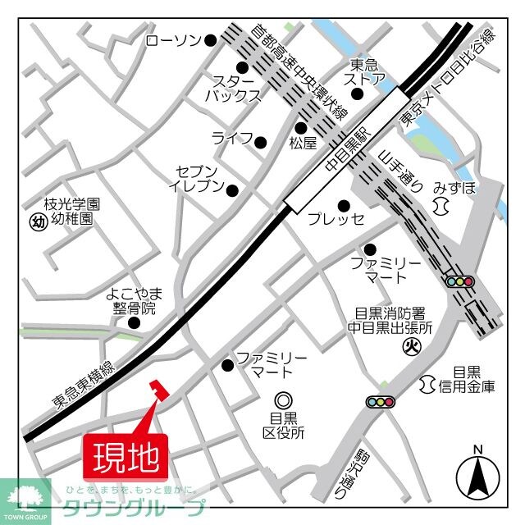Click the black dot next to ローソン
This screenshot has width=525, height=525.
tap(210, 39)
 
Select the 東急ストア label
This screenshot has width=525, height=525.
tap(364, 72)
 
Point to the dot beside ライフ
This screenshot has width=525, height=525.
tap(260, 141)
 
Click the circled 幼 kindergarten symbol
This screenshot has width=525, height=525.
tap(37, 221)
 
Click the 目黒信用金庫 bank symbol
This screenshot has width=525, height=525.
tap(427, 382)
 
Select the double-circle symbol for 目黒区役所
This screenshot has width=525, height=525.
tap(283, 400)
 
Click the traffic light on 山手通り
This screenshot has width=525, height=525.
tap(460, 281)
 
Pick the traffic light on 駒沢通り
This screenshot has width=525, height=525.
tap(380, 402)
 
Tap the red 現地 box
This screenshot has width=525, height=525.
tap(126, 456)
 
